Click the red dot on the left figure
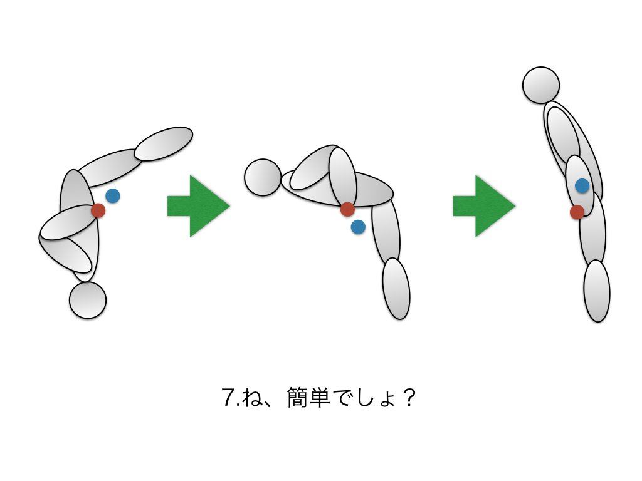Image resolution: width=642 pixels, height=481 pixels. pyautogui.click(x=98, y=210)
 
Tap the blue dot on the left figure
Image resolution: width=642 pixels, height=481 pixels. pyautogui.click(x=113, y=196)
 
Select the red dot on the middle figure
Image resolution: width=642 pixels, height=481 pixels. pyautogui.click(x=347, y=210)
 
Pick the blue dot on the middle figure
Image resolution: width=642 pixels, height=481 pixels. pyautogui.click(x=358, y=227)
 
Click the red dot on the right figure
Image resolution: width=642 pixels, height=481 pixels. pyautogui.click(x=577, y=212)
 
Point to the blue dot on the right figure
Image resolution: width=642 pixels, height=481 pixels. pyautogui.click(x=582, y=185)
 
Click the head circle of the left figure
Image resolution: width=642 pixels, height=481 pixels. pyautogui.click(x=88, y=300)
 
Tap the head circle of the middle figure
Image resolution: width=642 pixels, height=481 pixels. pyautogui.click(x=263, y=177)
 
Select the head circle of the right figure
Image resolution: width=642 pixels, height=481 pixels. pyautogui.click(x=540, y=85)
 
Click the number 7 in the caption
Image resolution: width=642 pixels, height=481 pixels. pyautogui.click(x=228, y=399)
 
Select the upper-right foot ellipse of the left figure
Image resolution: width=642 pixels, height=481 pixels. pyautogui.click(x=164, y=143)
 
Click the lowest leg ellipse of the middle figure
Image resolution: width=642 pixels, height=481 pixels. pyautogui.click(x=396, y=289)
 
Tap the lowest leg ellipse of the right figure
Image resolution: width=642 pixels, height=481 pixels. pyautogui.click(x=597, y=291)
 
